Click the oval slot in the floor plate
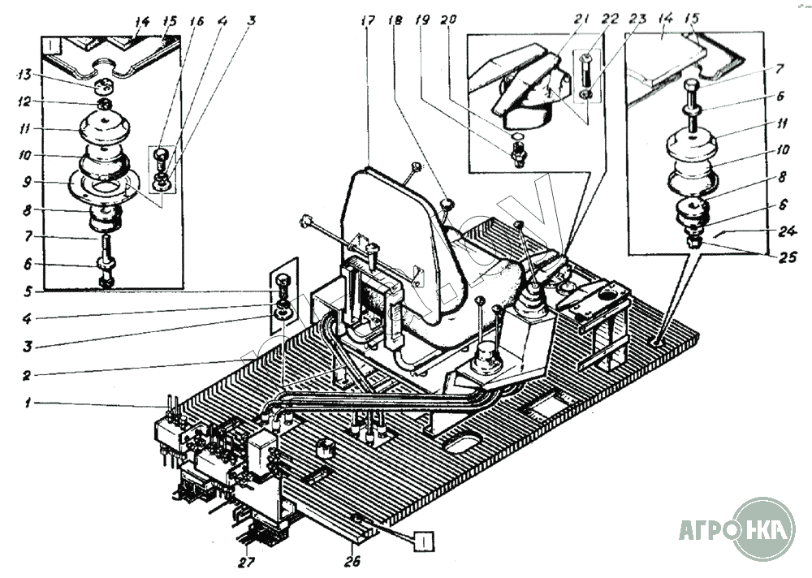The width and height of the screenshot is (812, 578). [460, 442]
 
